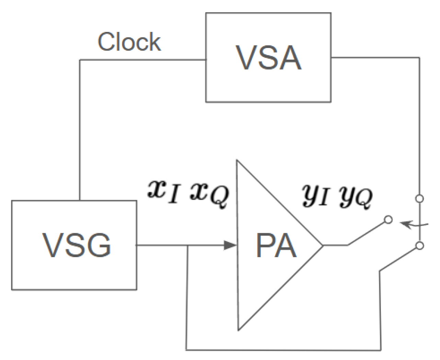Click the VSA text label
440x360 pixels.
[269, 58]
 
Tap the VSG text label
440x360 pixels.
[77, 245]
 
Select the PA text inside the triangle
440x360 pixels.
[276, 246]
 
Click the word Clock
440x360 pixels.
[129, 42]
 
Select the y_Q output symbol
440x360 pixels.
[356, 197]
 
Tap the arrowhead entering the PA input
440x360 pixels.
[230, 245]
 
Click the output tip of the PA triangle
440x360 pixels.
[323, 245]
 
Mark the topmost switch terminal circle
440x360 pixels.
[419, 199]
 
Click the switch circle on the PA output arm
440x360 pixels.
[388, 220]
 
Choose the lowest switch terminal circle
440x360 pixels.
[419, 245]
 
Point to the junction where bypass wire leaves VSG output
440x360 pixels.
[187, 245]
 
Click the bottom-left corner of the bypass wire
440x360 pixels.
[187, 350]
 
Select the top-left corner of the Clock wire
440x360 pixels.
[80, 60]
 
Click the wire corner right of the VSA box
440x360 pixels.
[419, 58]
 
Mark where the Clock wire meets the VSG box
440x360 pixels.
[80, 201]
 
